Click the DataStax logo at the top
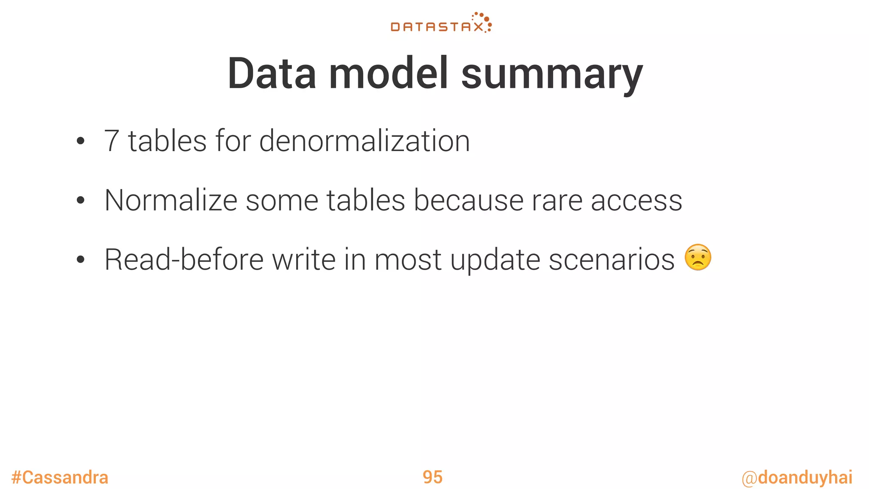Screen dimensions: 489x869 click(441, 24)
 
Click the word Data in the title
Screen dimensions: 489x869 click(272, 74)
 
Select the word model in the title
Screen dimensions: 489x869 click(388, 74)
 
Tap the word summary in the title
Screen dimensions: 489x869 click(552, 76)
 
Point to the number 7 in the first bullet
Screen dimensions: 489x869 click(112, 141)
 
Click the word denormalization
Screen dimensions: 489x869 click(364, 141)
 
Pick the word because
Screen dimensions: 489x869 click(468, 200)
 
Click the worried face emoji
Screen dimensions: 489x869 click(698, 258)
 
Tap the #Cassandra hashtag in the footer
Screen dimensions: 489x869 click(60, 478)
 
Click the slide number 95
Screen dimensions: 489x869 click(432, 478)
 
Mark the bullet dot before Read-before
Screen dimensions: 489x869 click(81, 260)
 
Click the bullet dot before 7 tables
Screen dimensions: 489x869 click(81, 141)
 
